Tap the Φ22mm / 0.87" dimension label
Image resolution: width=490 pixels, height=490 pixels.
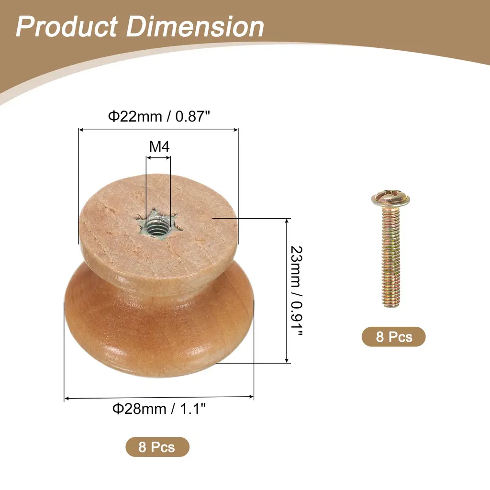pos(159,116)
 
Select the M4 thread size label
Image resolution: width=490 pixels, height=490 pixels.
pos(159,146)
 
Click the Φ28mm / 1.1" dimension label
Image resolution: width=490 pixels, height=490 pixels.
pos(159,409)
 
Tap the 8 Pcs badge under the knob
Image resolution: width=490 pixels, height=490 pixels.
pos(157,447)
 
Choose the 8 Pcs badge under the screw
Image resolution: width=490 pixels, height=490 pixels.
pos(394,336)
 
